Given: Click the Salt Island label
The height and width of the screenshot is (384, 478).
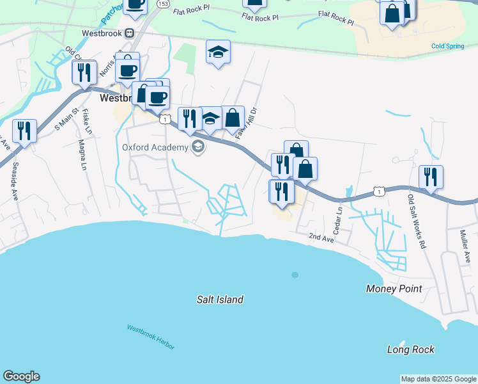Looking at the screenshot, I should (220, 300).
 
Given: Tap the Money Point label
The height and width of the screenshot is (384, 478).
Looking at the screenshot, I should (394, 289).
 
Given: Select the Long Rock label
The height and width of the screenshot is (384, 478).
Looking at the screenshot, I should (411, 349).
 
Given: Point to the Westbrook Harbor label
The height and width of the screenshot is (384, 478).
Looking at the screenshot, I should (150, 337).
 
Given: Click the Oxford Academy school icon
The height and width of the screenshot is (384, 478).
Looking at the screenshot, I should (198, 148).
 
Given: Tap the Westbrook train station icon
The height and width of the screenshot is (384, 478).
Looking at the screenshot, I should (130, 33).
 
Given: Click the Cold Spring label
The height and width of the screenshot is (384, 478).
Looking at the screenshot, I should (447, 46).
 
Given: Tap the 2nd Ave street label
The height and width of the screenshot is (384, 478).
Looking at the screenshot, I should (321, 238).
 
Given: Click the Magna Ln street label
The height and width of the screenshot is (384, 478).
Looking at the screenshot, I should (82, 156).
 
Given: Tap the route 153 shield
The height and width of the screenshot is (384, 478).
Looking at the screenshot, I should (163, 4).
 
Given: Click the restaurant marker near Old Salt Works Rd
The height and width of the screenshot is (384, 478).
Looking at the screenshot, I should (431, 177).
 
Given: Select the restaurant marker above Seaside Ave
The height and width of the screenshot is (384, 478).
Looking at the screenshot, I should (24, 131).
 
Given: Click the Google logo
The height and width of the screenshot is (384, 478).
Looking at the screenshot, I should (21, 376).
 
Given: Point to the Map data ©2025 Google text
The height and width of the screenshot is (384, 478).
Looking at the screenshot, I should (438, 379).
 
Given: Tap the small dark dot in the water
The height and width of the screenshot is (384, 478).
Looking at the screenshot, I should (295, 275).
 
